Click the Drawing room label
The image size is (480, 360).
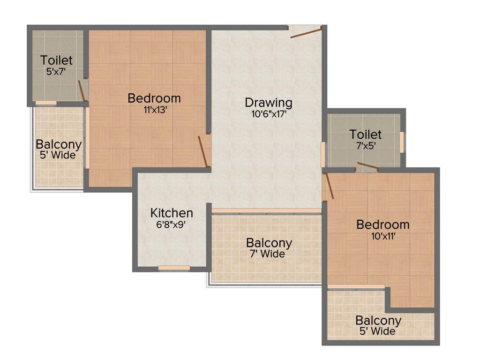pos(269,102)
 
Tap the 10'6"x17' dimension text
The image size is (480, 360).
pos(269,113)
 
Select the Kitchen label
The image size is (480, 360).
pos(172,213)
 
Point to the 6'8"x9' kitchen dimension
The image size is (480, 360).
pos(172,224)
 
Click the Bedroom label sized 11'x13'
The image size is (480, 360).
pos(154,98)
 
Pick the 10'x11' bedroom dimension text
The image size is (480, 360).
pos(382,236)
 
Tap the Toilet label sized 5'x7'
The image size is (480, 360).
pos(56,60)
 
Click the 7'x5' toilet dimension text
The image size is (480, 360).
pos(365,145)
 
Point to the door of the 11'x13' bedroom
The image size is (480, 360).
pos(203,151)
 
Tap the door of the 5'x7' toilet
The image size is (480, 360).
pos(82,91)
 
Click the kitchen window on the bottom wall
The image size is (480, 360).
pos(174,268)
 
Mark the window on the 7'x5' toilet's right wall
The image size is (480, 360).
pos(402,142)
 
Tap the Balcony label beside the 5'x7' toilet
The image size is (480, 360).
pos(59,144)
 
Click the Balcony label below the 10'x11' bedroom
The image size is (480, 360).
pos(378,321)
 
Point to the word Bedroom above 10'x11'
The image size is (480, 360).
pos(382,225)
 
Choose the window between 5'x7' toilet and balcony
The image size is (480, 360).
pos(46,103)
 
